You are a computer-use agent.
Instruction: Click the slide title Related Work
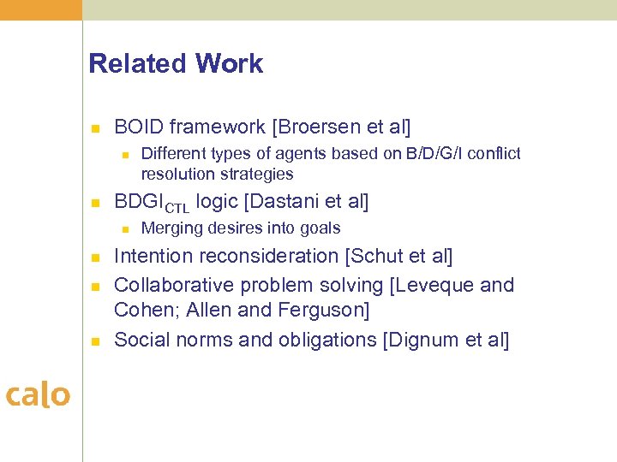pyautogui.click(x=176, y=64)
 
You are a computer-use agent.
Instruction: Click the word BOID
pyautogui.click(x=139, y=127)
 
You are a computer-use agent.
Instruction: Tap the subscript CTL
pyautogui.click(x=177, y=206)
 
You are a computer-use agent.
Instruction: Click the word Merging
pyautogui.click(x=172, y=228)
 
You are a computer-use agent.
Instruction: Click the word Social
pyautogui.click(x=141, y=340)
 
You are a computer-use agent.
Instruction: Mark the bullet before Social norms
pyautogui.click(x=96, y=341)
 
